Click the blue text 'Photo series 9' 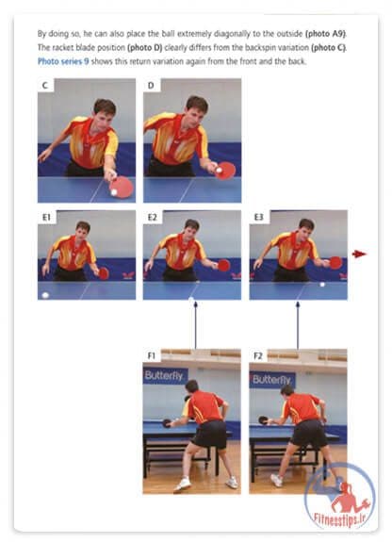pos(63,61)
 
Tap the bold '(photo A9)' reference pos(325,34)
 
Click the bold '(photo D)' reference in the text pos(145,48)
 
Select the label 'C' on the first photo pos(45,85)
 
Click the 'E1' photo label pos(46,217)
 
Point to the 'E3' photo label pos(258,217)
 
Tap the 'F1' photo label pos(152,356)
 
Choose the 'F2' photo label pos(258,356)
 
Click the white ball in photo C pos(114,192)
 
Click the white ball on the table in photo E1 pos(45,295)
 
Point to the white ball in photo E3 pos(322,285)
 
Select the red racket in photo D pos(225,171)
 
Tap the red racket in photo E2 pos(223,265)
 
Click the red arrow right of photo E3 pos(359,255)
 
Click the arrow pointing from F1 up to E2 pos(196,325)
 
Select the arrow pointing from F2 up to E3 pos(298,325)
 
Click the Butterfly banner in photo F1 pos(165,376)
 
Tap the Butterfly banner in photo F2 pos(272,380)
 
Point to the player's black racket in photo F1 pos(167,423)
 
